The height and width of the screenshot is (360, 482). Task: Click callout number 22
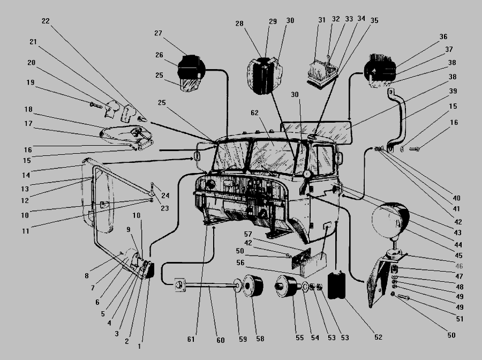45,21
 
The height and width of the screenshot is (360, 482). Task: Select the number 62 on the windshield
254,114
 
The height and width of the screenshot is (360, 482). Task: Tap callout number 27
158,33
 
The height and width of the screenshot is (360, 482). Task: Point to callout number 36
443,37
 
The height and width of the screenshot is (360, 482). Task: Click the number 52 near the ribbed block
379,337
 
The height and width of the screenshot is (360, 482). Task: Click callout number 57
248,234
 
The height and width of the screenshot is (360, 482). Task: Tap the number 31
321,20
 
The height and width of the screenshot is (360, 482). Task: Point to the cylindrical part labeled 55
287,290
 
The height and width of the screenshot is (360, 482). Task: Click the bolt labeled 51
403,297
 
